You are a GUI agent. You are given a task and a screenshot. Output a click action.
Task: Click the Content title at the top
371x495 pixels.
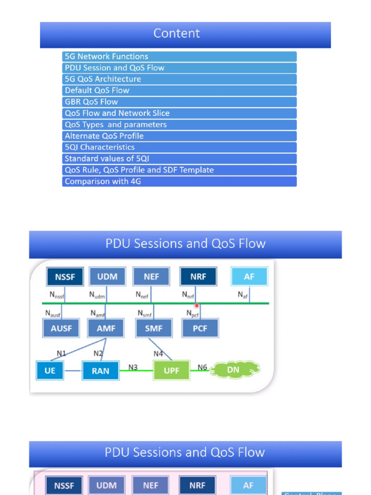tap(176, 33)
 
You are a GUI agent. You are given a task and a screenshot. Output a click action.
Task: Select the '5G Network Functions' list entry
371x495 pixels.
tap(106, 57)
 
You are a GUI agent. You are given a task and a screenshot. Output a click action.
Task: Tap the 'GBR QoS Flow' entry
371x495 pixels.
tap(91, 102)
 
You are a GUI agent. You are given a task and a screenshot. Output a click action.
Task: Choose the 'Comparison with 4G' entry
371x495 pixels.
tap(102, 182)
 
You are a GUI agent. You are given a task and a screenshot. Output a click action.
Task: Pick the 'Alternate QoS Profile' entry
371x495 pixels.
tap(104, 136)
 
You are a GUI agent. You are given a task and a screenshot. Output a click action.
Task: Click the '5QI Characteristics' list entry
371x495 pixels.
tap(100, 147)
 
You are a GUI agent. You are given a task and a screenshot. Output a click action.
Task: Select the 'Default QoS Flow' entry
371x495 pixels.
tap(97, 90)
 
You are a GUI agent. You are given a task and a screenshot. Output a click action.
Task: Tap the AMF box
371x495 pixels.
tap(105, 328)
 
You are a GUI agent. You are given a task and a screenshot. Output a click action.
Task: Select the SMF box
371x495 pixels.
tap(153, 328)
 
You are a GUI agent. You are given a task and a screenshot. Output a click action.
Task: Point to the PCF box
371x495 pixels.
tap(200, 328)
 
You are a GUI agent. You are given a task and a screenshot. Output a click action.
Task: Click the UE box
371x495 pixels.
tap(49, 371)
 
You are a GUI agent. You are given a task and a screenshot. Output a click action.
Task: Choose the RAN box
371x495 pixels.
tap(100, 371)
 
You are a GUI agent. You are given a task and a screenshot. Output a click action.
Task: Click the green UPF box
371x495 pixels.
tap(171, 371)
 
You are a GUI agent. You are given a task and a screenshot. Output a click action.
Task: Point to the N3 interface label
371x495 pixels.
tap(133, 367)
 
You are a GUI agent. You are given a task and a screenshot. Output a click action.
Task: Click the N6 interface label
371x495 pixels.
tap(202, 367)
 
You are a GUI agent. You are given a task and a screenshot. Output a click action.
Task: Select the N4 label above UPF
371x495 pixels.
tap(158, 354)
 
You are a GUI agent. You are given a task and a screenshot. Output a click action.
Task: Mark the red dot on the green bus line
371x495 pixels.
tap(197, 306)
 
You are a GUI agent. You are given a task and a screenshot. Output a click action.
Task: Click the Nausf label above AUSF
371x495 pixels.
tap(53, 314)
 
